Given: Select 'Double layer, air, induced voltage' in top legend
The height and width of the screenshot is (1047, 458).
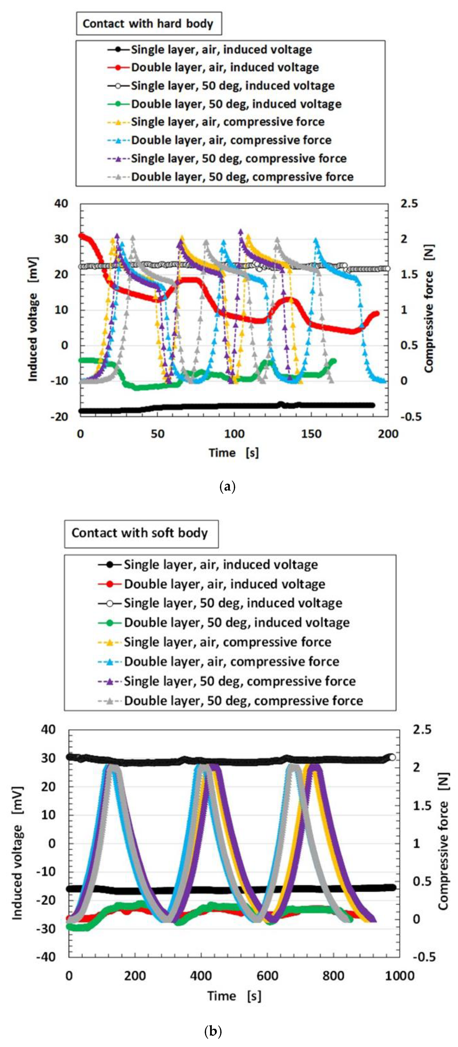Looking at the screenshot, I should (224, 68).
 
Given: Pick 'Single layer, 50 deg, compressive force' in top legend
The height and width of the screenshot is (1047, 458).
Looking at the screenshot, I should (238, 159).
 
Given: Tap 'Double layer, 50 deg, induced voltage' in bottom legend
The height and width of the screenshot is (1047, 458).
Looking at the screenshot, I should (236, 623).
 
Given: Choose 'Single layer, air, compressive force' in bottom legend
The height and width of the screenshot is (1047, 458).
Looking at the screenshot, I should (227, 642).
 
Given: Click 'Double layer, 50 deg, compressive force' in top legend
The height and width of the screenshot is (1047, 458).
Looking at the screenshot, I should (242, 177).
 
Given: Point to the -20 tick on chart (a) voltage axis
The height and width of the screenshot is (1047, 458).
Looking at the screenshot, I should (61, 416).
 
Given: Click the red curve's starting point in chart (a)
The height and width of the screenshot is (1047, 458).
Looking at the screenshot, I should (81, 236).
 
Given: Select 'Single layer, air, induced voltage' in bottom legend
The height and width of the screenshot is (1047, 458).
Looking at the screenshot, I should (220, 565).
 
